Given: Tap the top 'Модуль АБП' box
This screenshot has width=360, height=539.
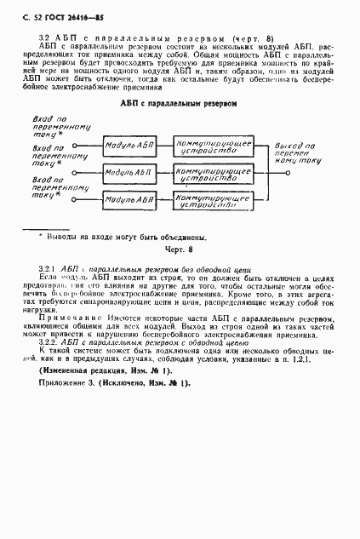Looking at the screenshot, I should point(129,146).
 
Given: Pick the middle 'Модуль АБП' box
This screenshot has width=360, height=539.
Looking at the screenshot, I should point(129,173).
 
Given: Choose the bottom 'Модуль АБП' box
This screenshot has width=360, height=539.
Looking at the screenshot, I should point(129,200).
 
